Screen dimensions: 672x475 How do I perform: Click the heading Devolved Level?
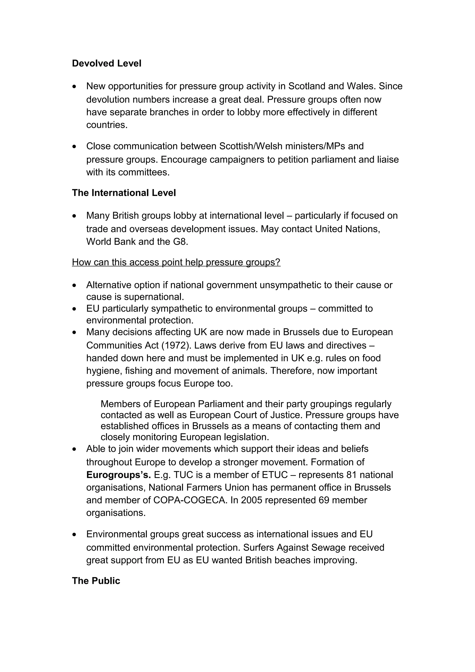click(106, 64)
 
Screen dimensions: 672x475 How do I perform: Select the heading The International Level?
click(124, 193)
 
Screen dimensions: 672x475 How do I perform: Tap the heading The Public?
click(96, 581)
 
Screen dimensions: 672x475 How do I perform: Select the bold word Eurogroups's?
click(119, 475)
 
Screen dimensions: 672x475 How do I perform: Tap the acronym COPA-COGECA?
click(190, 500)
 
